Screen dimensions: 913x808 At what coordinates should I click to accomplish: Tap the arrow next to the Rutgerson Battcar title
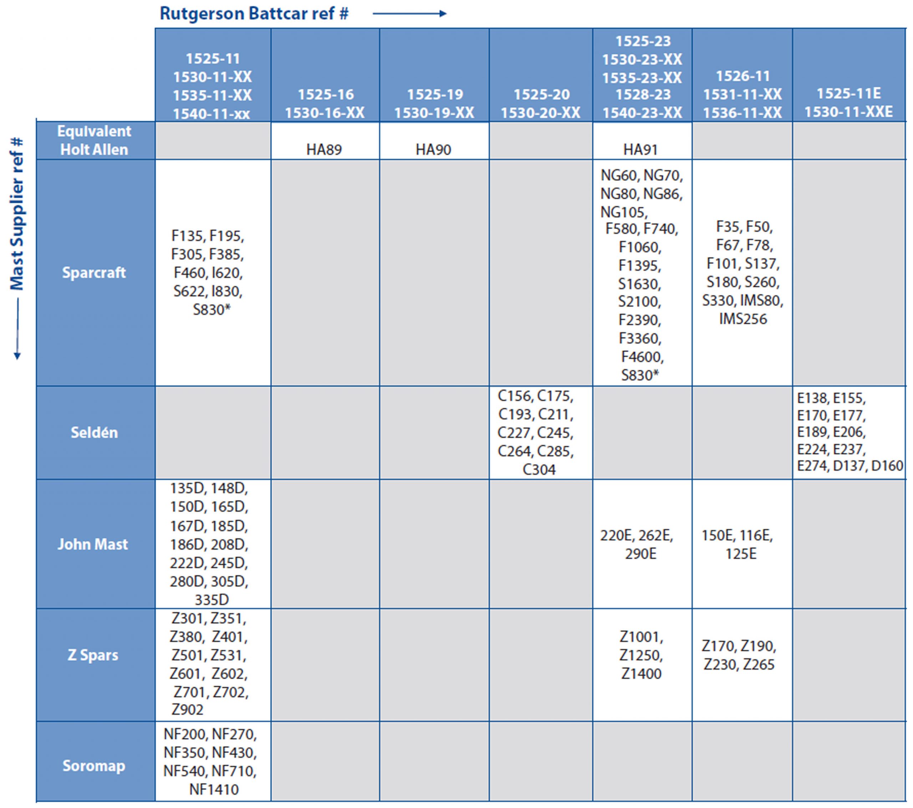tap(409, 14)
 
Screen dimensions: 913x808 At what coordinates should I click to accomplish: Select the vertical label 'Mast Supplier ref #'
tap(17, 214)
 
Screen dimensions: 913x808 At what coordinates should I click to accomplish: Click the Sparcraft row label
tap(94, 273)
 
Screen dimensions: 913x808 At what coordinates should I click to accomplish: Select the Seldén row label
tap(94, 432)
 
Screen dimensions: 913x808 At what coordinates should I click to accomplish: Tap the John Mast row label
tap(93, 544)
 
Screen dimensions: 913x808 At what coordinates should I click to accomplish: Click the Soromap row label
tap(94, 766)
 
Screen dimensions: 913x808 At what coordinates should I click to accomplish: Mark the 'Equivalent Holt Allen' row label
tap(94, 140)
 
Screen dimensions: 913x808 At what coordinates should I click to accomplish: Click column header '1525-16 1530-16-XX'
tap(325, 103)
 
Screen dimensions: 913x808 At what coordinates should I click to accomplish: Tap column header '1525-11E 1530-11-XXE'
tap(849, 102)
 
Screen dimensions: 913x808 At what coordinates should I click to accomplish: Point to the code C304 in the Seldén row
tap(539, 470)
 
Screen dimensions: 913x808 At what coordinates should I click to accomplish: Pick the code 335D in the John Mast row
tap(212, 599)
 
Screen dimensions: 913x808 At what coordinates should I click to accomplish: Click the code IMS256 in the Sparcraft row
tap(743, 319)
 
